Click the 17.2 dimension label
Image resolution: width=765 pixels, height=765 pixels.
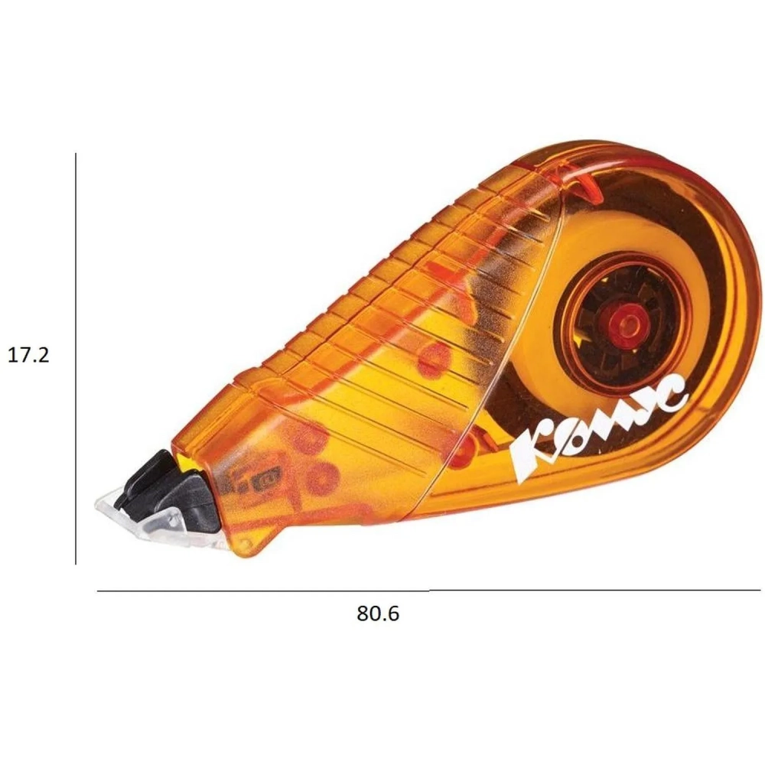(29, 355)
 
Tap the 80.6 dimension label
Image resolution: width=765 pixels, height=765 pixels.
(378, 614)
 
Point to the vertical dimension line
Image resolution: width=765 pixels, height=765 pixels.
(76, 359)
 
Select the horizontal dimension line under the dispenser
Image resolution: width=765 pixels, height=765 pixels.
(428, 591)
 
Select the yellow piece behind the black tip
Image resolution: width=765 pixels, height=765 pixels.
(188, 463)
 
